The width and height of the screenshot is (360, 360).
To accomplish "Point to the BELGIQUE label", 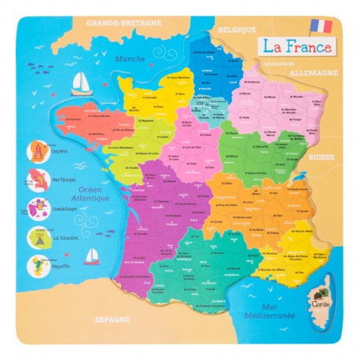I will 239,30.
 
